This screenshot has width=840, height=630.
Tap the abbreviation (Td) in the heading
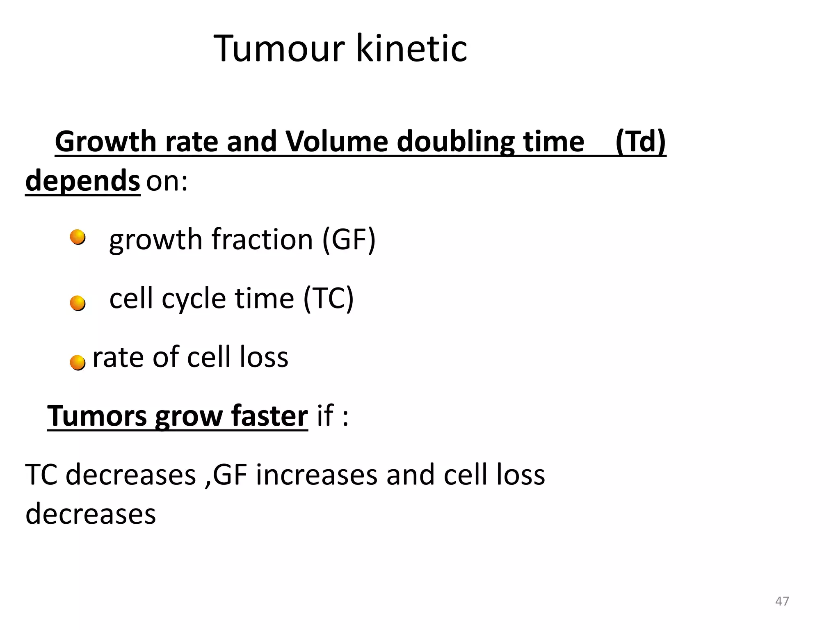[x=640, y=142]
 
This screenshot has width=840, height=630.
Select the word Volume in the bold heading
[x=336, y=142]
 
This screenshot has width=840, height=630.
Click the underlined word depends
[x=83, y=181]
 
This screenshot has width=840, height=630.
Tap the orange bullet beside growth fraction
[x=78, y=237]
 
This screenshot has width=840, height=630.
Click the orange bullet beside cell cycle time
[x=78, y=304]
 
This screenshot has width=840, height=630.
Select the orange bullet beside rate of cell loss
[x=78, y=363]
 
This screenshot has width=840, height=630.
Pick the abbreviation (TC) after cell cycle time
[x=328, y=298]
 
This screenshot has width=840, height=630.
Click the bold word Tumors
[x=97, y=416]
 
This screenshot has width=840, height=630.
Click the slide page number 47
[x=782, y=601]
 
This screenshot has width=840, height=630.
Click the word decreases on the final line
[x=91, y=514]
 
